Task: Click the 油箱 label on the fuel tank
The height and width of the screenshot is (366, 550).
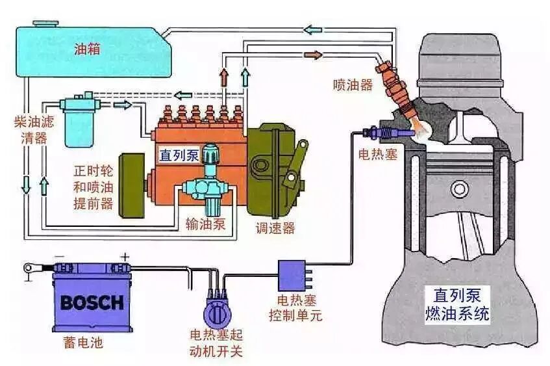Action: [87, 49]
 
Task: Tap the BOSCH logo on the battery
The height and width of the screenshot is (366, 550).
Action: [92, 302]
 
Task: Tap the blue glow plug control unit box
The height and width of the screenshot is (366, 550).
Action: [292, 275]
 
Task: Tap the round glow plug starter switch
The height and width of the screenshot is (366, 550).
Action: [216, 314]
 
